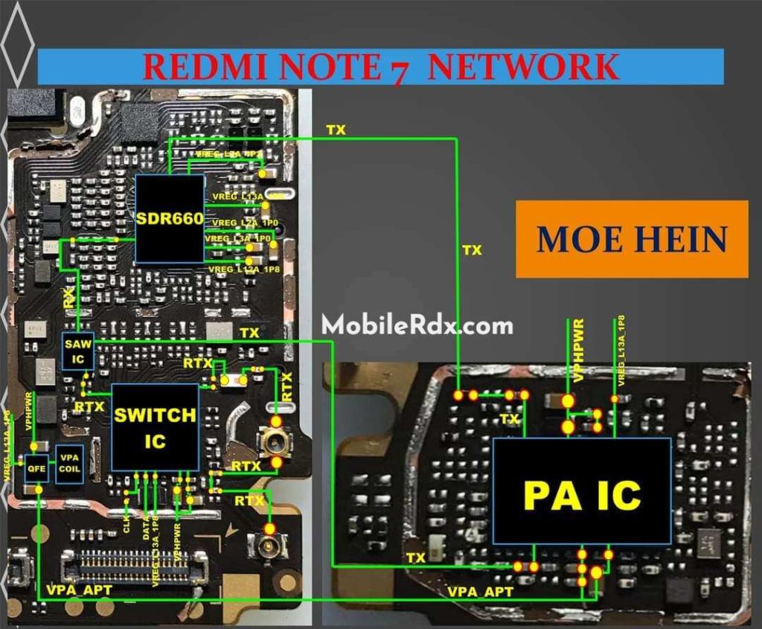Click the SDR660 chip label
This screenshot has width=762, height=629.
pos(170,219)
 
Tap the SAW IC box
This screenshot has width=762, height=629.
pos(78,351)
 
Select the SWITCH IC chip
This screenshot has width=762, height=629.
pos(156,427)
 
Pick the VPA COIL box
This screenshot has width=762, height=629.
pos(69,464)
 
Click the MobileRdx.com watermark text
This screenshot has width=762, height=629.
pos(417,325)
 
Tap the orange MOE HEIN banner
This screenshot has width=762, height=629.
pos(631,240)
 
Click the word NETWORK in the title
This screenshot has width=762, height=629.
pos(524,67)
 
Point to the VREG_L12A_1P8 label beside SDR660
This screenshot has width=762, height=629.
pos(234,269)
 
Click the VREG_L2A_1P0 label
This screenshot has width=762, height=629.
pos(245,223)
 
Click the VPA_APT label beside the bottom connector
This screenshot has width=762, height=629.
pos(79,590)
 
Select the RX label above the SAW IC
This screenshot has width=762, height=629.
pos(68,299)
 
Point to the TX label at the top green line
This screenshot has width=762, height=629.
pos(336,130)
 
